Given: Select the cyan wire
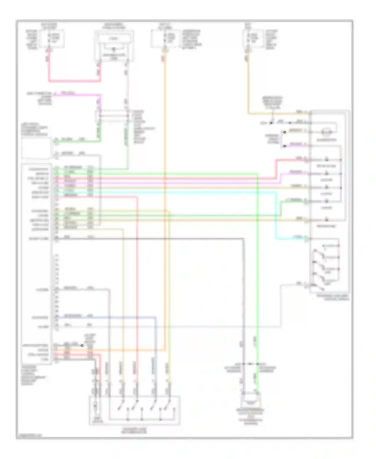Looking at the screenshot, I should point(276,216).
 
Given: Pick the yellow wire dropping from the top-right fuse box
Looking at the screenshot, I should point(248,88).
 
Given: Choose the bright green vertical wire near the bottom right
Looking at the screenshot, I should point(258,301).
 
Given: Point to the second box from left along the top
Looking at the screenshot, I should point(114,45).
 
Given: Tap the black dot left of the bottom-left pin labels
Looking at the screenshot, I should point(82,345).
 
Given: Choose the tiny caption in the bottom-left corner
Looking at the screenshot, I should point(30,436).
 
